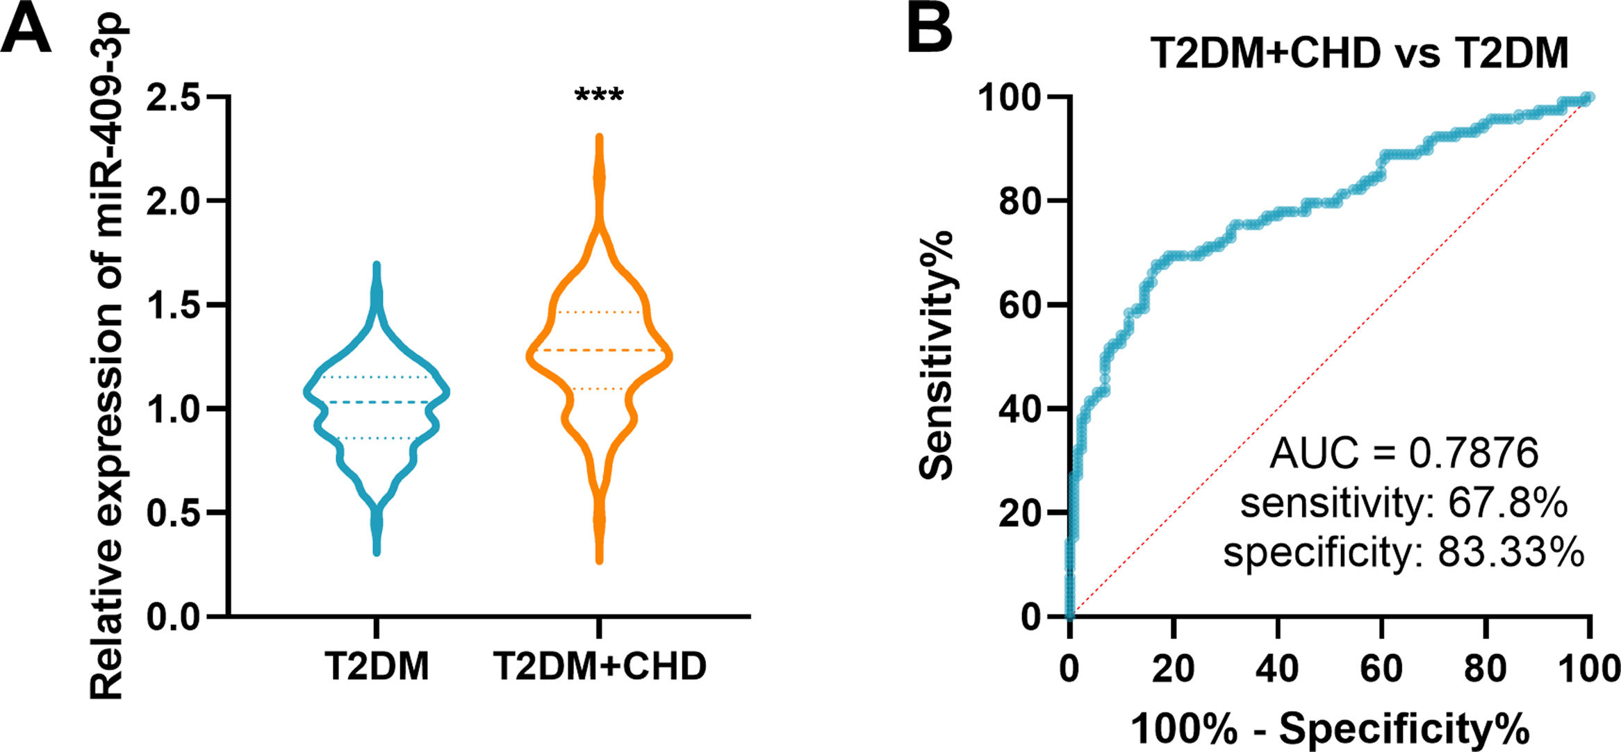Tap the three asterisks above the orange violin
coord(599,94)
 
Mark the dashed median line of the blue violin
coord(377,402)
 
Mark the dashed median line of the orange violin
coord(599,350)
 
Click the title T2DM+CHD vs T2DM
coord(1359,53)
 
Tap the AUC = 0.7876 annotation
coord(1404,453)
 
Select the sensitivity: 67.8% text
coord(1404,503)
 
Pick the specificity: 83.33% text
coord(1404,553)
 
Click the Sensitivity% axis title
coord(936,356)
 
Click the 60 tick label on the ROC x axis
coord(1381,669)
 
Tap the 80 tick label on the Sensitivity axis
coord(1019,201)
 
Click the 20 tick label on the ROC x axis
coord(1174,669)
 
